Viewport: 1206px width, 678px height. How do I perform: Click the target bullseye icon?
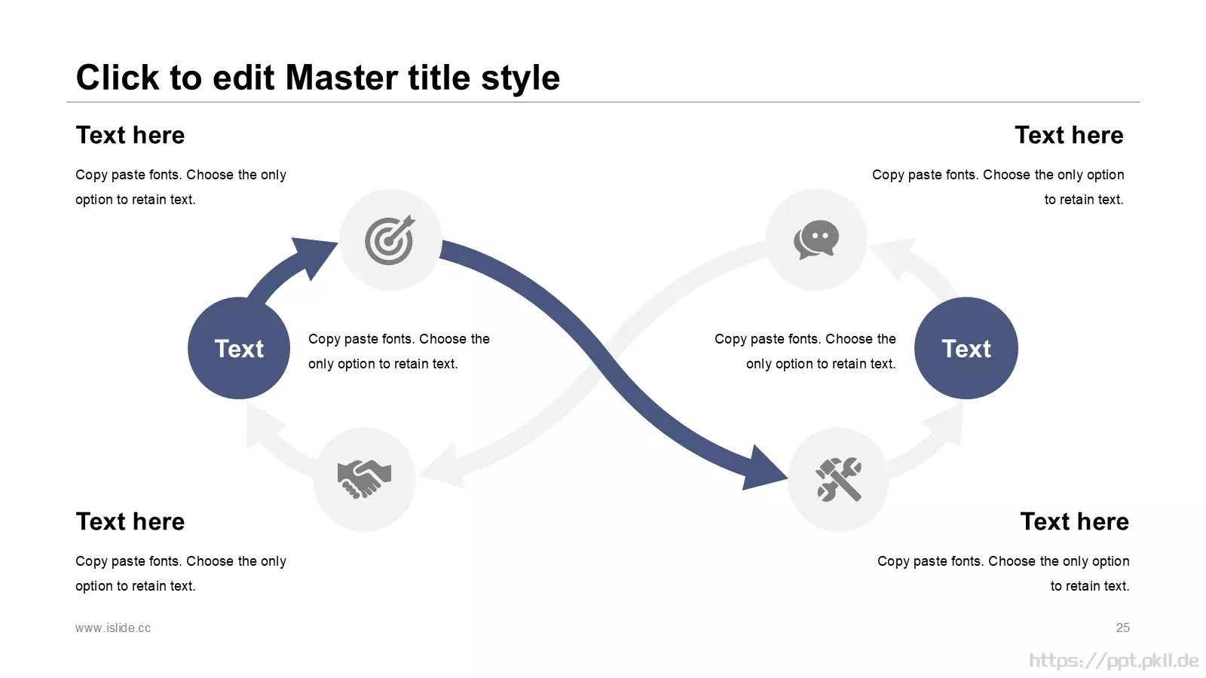pyautogui.click(x=389, y=240)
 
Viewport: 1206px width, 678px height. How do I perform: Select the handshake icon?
pyautogui.click(x=365, y=478)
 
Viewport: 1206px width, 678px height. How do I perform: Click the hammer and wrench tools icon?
pyautogui.click(x=839, y=479)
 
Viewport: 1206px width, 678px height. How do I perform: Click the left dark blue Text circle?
pyautogui.click(x=239, y=348)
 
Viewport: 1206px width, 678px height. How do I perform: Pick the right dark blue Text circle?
pyautogui.click(x=966, y=348)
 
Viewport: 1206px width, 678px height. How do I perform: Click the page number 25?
pyautogui.click(x=1122, y=628)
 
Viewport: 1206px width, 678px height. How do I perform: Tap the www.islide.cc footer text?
pyautogui.click(x=113, y=628)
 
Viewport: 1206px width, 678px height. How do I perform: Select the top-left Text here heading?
pyautogui.click(x=130, y=135)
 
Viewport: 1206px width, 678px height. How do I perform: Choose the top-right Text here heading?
pyautogui.click(x=1070, y=135)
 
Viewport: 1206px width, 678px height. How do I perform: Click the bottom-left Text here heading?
pyautogui.click(x=130, y=521)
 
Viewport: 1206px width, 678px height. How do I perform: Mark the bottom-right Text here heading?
pyautogui.click(x=1075, y=521)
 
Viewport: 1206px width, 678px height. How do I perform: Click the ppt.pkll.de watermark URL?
pyautogui.click(x=1114, y=660)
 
